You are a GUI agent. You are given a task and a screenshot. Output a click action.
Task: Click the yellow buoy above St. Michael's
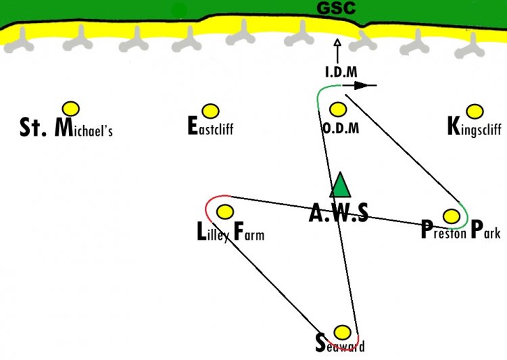[71, 109]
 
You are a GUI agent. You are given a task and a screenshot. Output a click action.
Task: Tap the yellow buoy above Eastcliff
[210, 111]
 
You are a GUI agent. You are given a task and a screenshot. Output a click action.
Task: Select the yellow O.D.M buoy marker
[338, 109]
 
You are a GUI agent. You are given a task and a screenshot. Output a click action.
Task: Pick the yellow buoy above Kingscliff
[475, 111]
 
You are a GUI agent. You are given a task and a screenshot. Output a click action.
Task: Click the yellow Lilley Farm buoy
[225, 211]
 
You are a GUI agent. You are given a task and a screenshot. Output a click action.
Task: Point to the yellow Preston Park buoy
[452, 216]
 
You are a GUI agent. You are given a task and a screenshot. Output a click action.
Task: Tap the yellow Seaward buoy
[342, 332]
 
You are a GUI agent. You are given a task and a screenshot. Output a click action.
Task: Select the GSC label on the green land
[336, 8]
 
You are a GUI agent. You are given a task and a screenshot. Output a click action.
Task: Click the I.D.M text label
[341, 72]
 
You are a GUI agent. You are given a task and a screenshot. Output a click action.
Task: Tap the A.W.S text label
[339, 213]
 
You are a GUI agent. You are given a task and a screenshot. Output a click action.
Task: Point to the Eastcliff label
[210, 126]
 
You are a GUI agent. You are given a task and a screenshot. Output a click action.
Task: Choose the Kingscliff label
[475, 127]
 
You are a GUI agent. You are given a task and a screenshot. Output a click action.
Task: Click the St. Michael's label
[66, 128]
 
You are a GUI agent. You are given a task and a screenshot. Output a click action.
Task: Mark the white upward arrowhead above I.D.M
[337, 43]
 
